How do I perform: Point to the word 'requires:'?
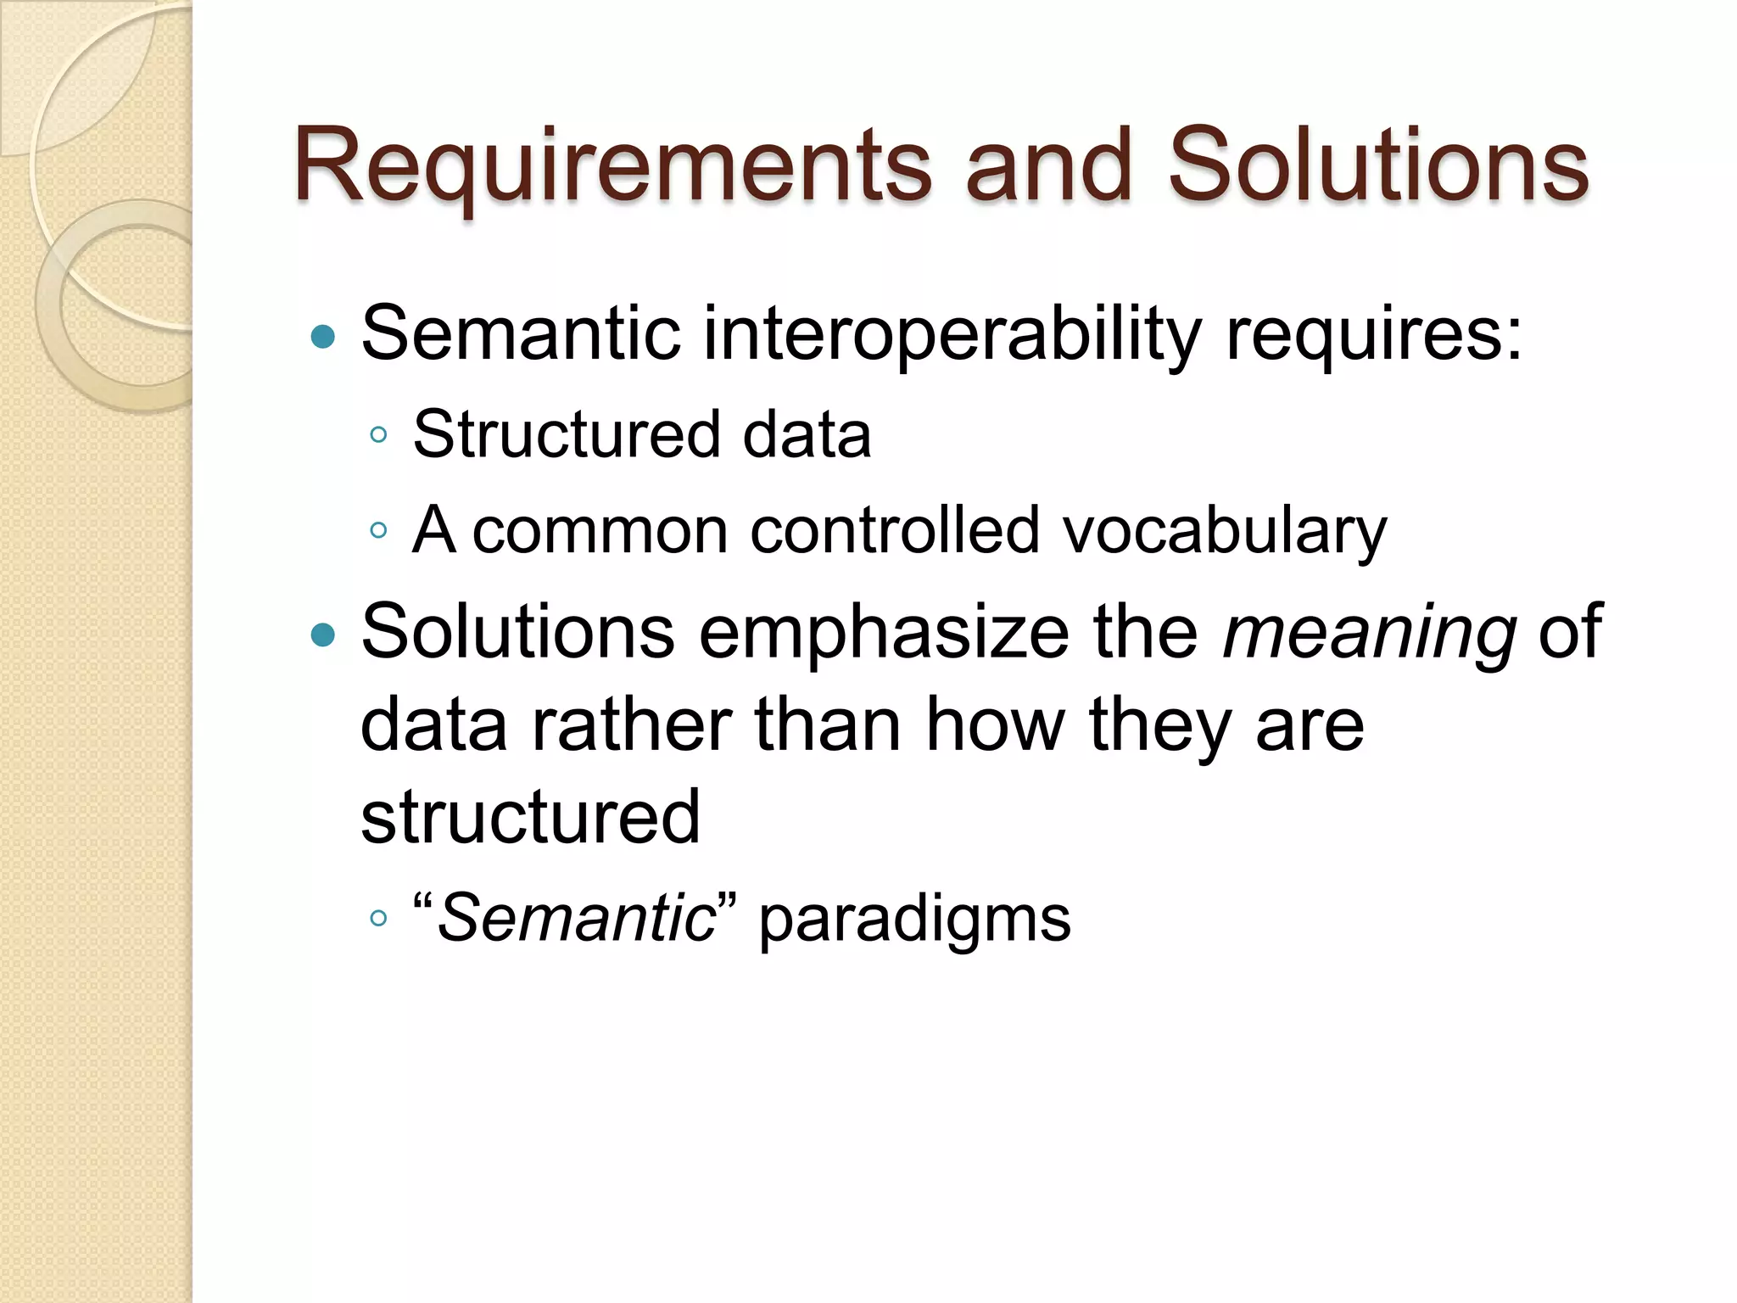pyautogui.click(x=1374, y=334)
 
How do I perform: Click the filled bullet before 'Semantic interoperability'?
pyautogui.click(x=323, y=338)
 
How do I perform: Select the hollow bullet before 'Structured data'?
pyautogui.click(x=379, y=436)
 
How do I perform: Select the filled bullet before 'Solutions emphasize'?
pyautogui.click(x=323, y=635)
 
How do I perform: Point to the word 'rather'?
pyautogui.click(x=631, y=725)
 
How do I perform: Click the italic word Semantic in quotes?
pyautogui.click(x=577, y=919)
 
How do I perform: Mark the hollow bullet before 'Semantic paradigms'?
pyautogui.click(x=379, y=919)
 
